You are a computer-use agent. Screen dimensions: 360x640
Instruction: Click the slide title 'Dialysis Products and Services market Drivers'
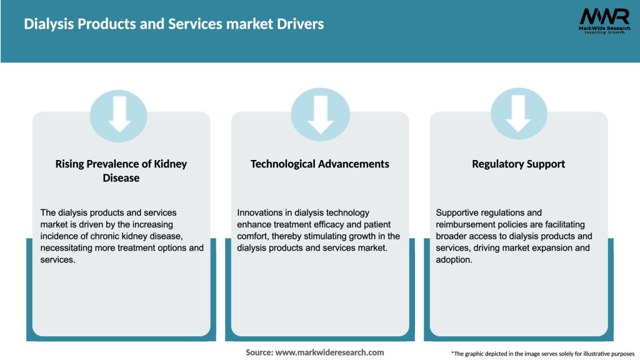point(174,24)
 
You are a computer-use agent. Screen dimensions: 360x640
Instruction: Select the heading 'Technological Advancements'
point(320,164)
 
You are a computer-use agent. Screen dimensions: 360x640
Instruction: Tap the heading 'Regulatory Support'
point(518,164)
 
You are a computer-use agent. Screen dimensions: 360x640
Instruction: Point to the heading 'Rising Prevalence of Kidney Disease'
point(121,171)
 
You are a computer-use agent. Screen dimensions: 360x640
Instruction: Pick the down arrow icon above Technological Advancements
point(320,113)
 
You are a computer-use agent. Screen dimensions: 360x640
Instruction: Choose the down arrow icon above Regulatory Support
point(518,113)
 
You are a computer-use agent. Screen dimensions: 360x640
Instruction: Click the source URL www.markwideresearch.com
point(330,352)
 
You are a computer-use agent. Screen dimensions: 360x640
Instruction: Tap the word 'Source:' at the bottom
point(259,352)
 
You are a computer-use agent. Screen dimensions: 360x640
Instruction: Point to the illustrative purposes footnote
point(542,354)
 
